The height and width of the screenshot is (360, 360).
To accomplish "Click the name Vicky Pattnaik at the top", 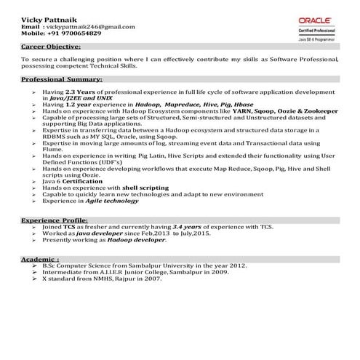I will [48, 18].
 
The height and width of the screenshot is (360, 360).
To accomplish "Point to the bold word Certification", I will [83, 180].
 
